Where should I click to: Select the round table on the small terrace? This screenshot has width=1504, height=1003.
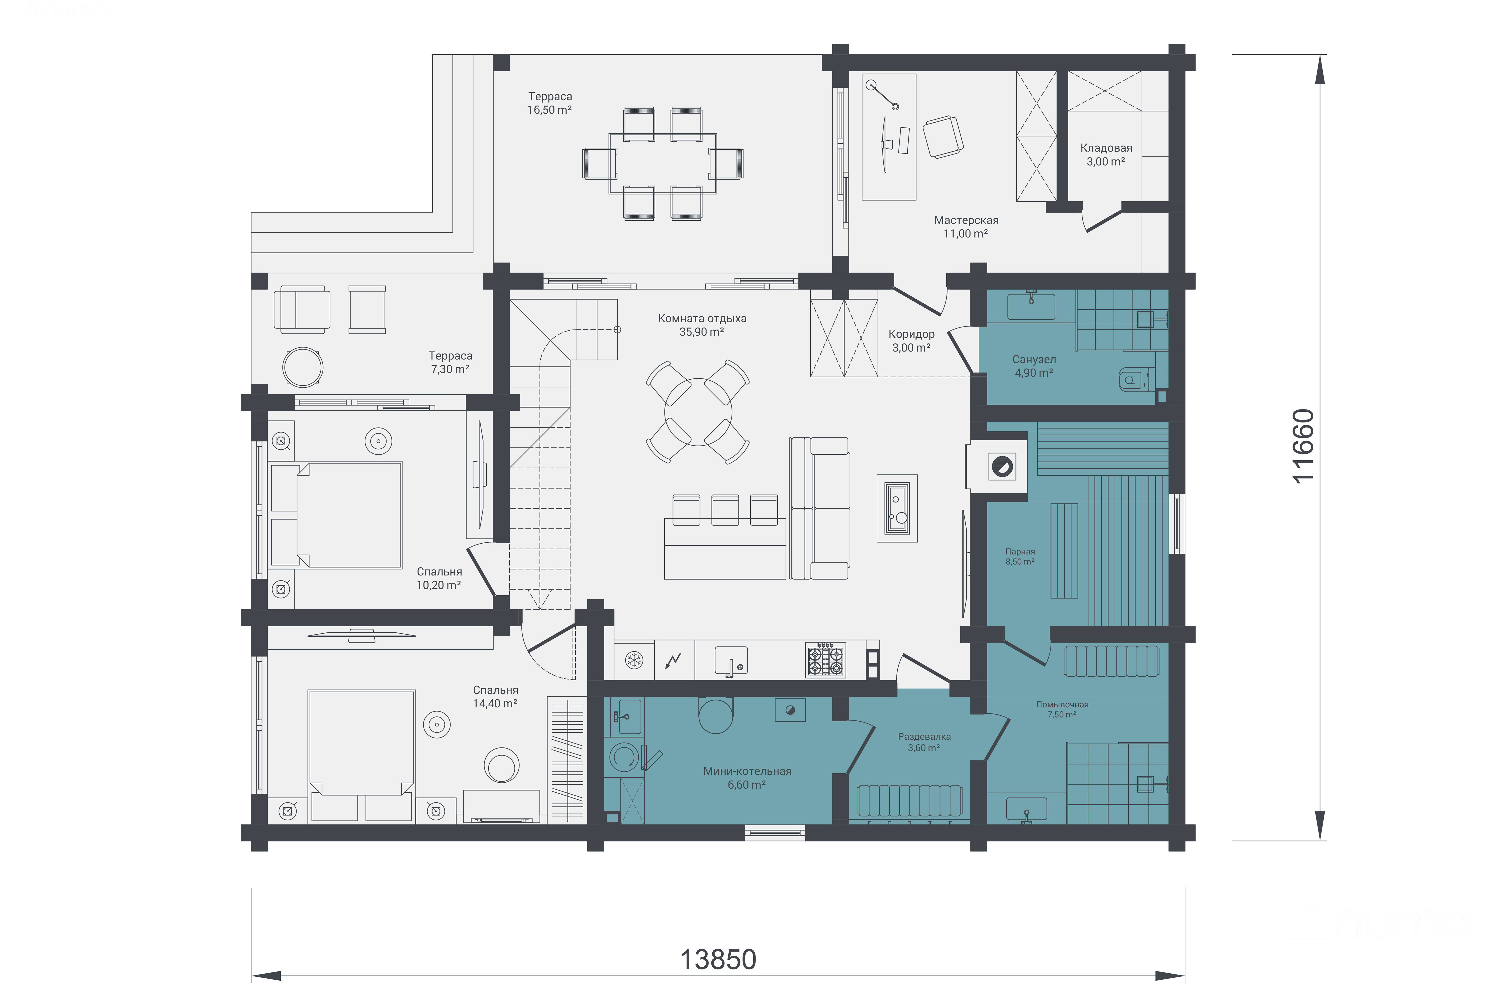303,367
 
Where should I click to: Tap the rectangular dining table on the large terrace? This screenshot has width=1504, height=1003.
663,163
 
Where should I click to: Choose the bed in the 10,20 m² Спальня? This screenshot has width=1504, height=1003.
336,515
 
